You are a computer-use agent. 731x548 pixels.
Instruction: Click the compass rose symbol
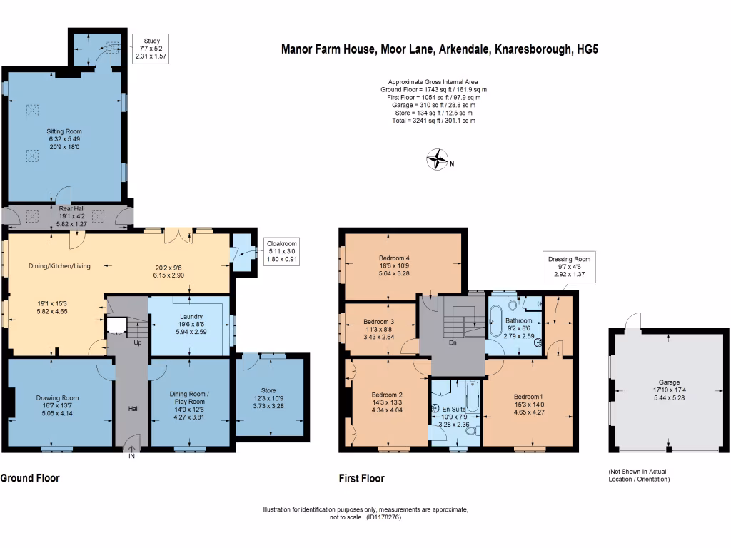[x=438, y=159]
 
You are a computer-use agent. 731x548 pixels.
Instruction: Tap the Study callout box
[x=151, y=49]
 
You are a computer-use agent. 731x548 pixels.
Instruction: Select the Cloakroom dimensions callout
[x=281, y=252]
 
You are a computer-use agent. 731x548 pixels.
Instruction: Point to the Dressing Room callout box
[x=569, y=267]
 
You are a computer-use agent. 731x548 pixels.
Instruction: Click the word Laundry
[x=191, y=316]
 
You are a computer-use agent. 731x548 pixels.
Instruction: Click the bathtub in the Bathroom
[x=495, y=321]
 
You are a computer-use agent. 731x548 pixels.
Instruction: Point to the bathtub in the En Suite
[x=473, y=396]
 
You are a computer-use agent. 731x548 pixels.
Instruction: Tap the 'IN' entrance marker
[x=131, y=456]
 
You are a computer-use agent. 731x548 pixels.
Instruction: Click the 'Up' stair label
[x=138, y=343]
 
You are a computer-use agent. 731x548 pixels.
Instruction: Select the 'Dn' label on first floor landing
[x=453, y=342]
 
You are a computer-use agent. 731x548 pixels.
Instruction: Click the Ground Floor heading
[x=30, y=478]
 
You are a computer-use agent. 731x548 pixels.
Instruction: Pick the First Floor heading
[x=362, y=479]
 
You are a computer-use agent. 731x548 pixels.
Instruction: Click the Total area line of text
[x=433, y=121]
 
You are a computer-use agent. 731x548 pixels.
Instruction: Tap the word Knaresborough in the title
[x=533, y=49]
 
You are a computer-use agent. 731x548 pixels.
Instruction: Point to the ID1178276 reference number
[x=383, y=517]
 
